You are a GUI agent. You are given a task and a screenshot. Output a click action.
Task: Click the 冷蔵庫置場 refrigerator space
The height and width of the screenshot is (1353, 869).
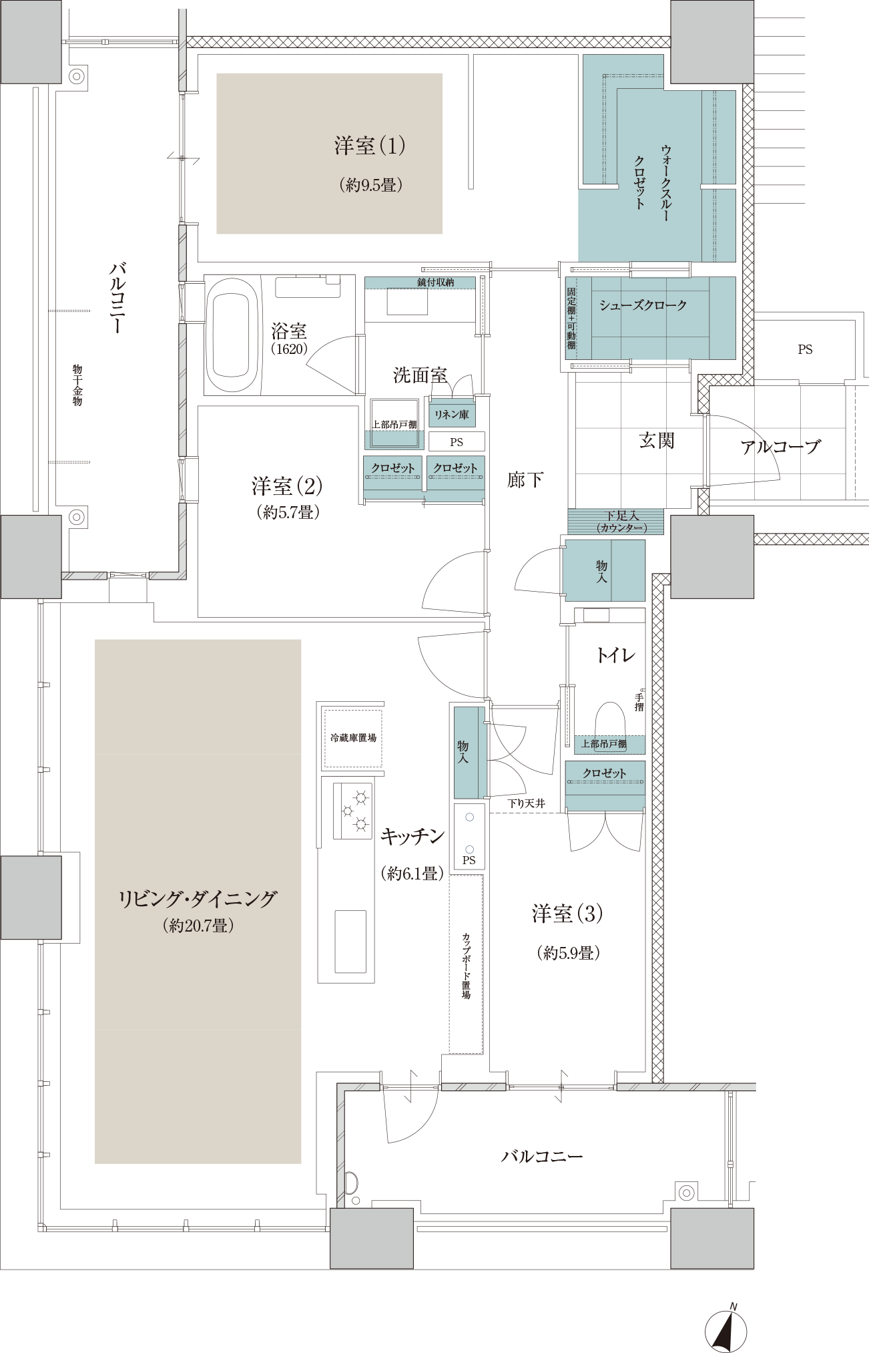[353, 738]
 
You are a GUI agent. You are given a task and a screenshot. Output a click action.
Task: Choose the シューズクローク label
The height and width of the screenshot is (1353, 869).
[643, 305]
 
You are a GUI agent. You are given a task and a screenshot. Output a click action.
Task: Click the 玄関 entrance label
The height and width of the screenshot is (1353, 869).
[657, 441]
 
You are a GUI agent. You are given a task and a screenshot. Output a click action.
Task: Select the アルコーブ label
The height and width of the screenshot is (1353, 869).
[780, 447]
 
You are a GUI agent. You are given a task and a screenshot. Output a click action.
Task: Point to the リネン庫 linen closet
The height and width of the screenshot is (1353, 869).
[452, 414]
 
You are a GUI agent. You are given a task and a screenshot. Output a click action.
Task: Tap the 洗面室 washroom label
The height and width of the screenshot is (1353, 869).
[420, 375]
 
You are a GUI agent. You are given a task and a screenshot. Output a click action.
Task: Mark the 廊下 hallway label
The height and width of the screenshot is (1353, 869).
[525, 479]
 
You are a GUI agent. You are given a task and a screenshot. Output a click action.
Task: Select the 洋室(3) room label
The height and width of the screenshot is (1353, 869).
[567, 913]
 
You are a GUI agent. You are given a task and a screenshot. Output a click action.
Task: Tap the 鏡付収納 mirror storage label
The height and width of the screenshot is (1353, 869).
[436, 282]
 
